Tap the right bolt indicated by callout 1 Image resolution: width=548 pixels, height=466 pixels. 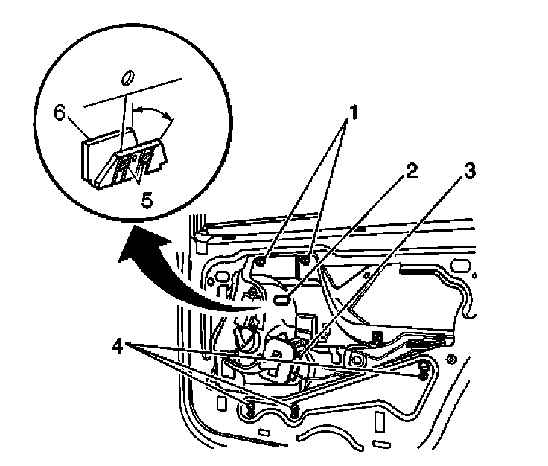[x=305, y=259]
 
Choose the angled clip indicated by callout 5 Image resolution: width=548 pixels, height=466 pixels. [x=138, y=164]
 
